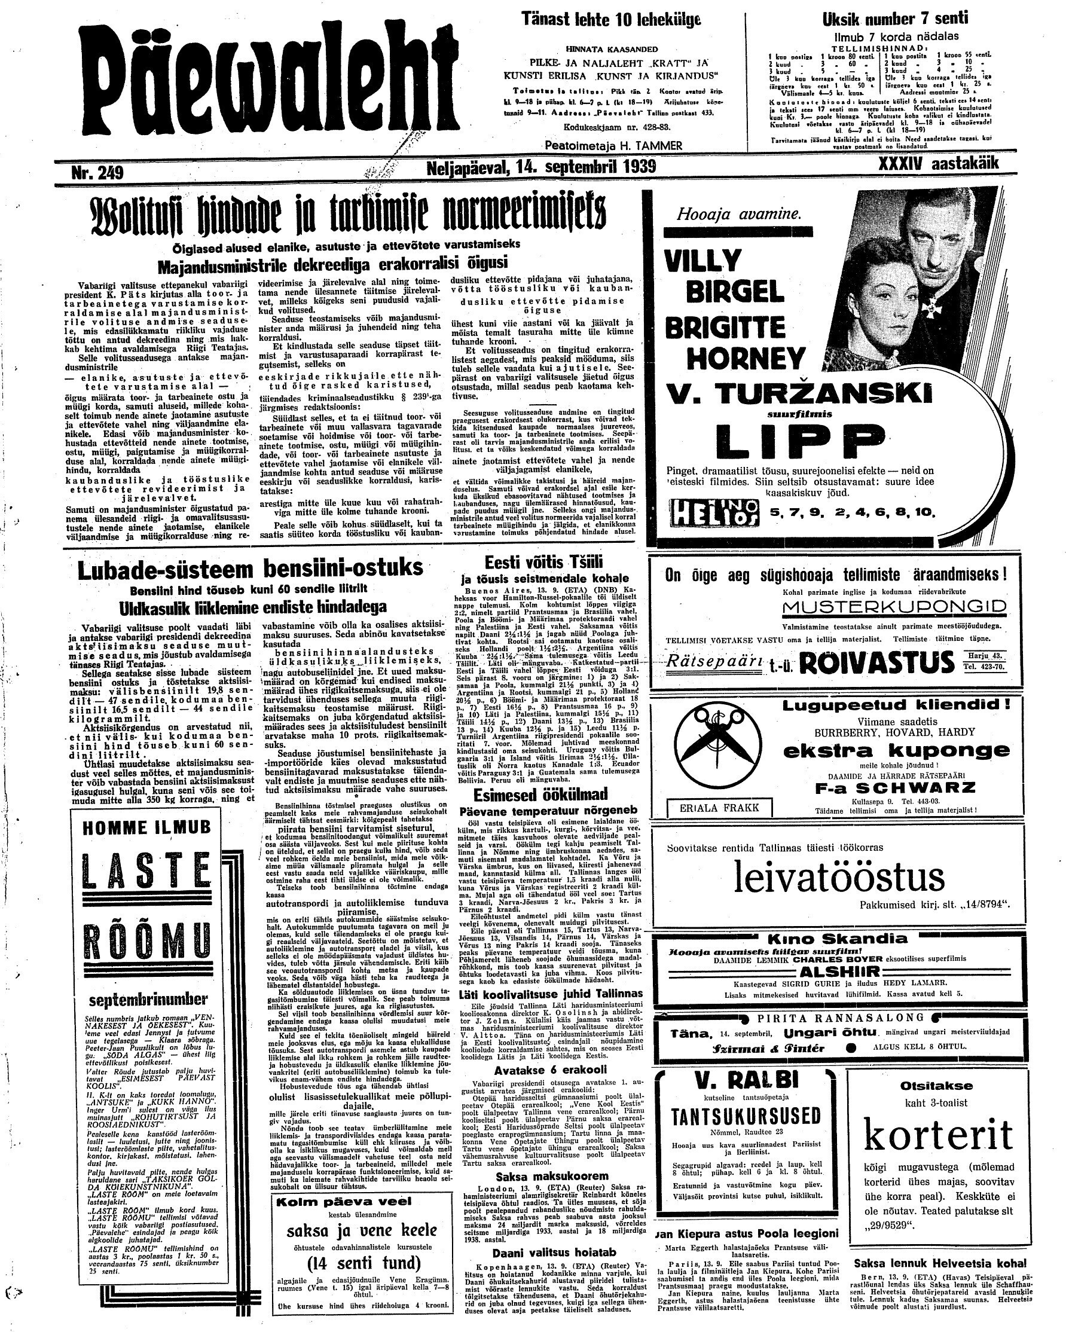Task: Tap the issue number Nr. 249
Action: click(x=97, y=173)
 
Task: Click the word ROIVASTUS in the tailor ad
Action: click(x=877, y=663)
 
